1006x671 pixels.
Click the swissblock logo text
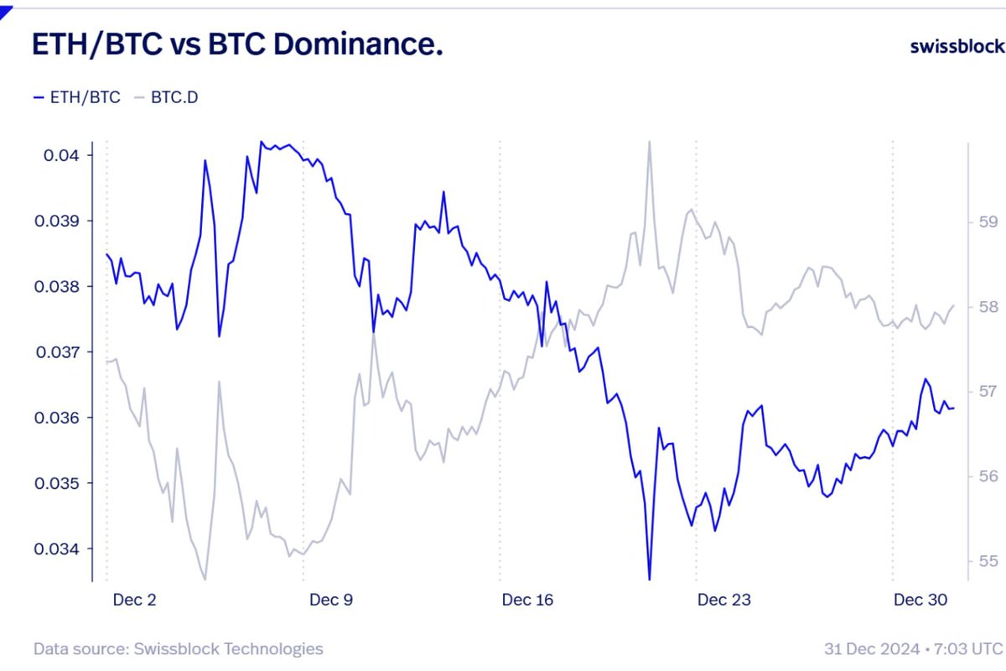pos(956,45)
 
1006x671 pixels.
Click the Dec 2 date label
pos(134,600)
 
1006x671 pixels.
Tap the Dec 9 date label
pos(331,600)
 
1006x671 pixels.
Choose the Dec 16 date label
pos(528,600)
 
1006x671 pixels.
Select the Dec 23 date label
pos(724,600)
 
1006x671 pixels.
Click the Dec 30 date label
pos(920,600)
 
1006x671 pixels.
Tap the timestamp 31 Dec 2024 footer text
pos(913,648)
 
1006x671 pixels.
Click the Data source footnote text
pos(178,648)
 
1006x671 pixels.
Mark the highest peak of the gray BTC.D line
pos(649,143)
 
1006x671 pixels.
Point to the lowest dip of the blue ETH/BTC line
pos(649,578)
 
